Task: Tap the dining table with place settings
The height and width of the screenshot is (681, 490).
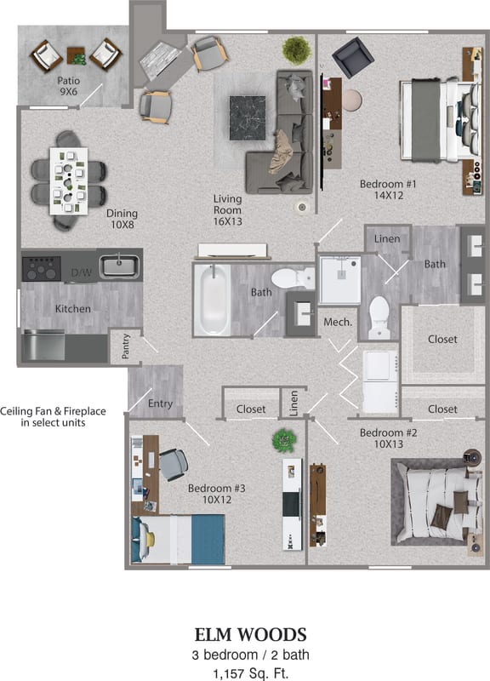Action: pos(68,180)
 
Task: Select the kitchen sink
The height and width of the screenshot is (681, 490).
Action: pos(120,266)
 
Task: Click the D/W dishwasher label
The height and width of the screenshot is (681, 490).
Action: pos(81,272)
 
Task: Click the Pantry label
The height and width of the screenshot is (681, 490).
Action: pos(125,347)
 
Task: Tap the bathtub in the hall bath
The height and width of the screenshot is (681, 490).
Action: pos(213,300)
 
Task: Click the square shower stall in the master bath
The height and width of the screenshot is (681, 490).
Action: pos(339,280)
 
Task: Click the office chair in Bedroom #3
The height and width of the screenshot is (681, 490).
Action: pos(173,464)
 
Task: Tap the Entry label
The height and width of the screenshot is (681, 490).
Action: pos(161,403)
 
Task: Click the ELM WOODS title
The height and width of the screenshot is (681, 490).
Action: pos(250,634)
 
